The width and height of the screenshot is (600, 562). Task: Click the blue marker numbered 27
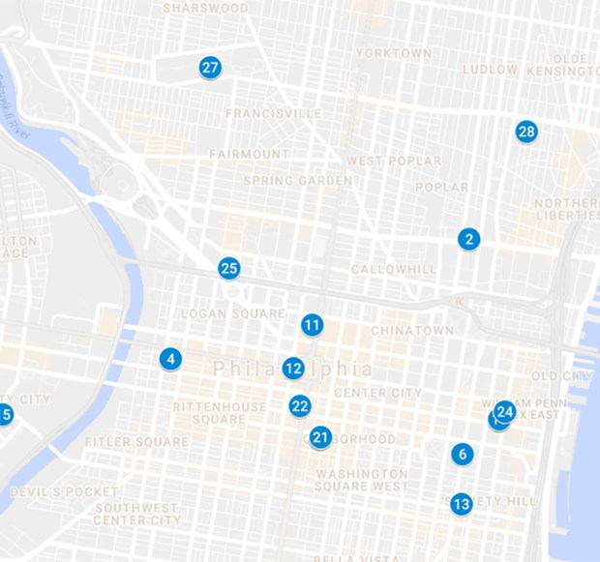point(210,68)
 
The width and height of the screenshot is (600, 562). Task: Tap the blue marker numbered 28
point(526,132)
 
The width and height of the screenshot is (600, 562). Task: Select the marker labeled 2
point(469,239)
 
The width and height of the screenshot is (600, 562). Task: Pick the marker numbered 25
point(229,268)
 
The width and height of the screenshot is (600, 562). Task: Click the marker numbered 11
point(312,325)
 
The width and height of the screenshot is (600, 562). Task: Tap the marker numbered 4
point(171,360)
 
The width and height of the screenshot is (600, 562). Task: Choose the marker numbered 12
point(294,369)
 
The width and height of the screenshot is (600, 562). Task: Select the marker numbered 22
point(300,406)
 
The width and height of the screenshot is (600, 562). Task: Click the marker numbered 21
point(321,437)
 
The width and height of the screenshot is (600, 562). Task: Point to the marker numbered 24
point(505,411)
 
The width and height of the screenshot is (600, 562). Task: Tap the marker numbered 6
point(463,454)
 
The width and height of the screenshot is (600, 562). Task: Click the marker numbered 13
point(462,504)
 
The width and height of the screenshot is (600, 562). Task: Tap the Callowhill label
point(388,269)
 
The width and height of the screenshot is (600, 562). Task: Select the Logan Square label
point(234,313)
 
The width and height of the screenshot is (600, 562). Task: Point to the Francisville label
point(274,113)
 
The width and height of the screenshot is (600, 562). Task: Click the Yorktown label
point(393,53)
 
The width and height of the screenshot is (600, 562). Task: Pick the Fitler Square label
point(136,442)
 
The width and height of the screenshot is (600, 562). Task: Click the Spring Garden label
point(298,181)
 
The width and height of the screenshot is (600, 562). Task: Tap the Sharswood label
point(205,8)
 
